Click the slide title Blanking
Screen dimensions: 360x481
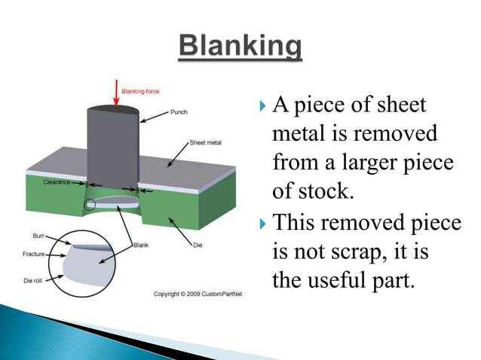[x=240, y=47]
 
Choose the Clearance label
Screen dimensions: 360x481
[x=57, y=182]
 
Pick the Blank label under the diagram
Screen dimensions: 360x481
[x=141, y=245]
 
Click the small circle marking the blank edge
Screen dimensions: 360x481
[x=91, y=203]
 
